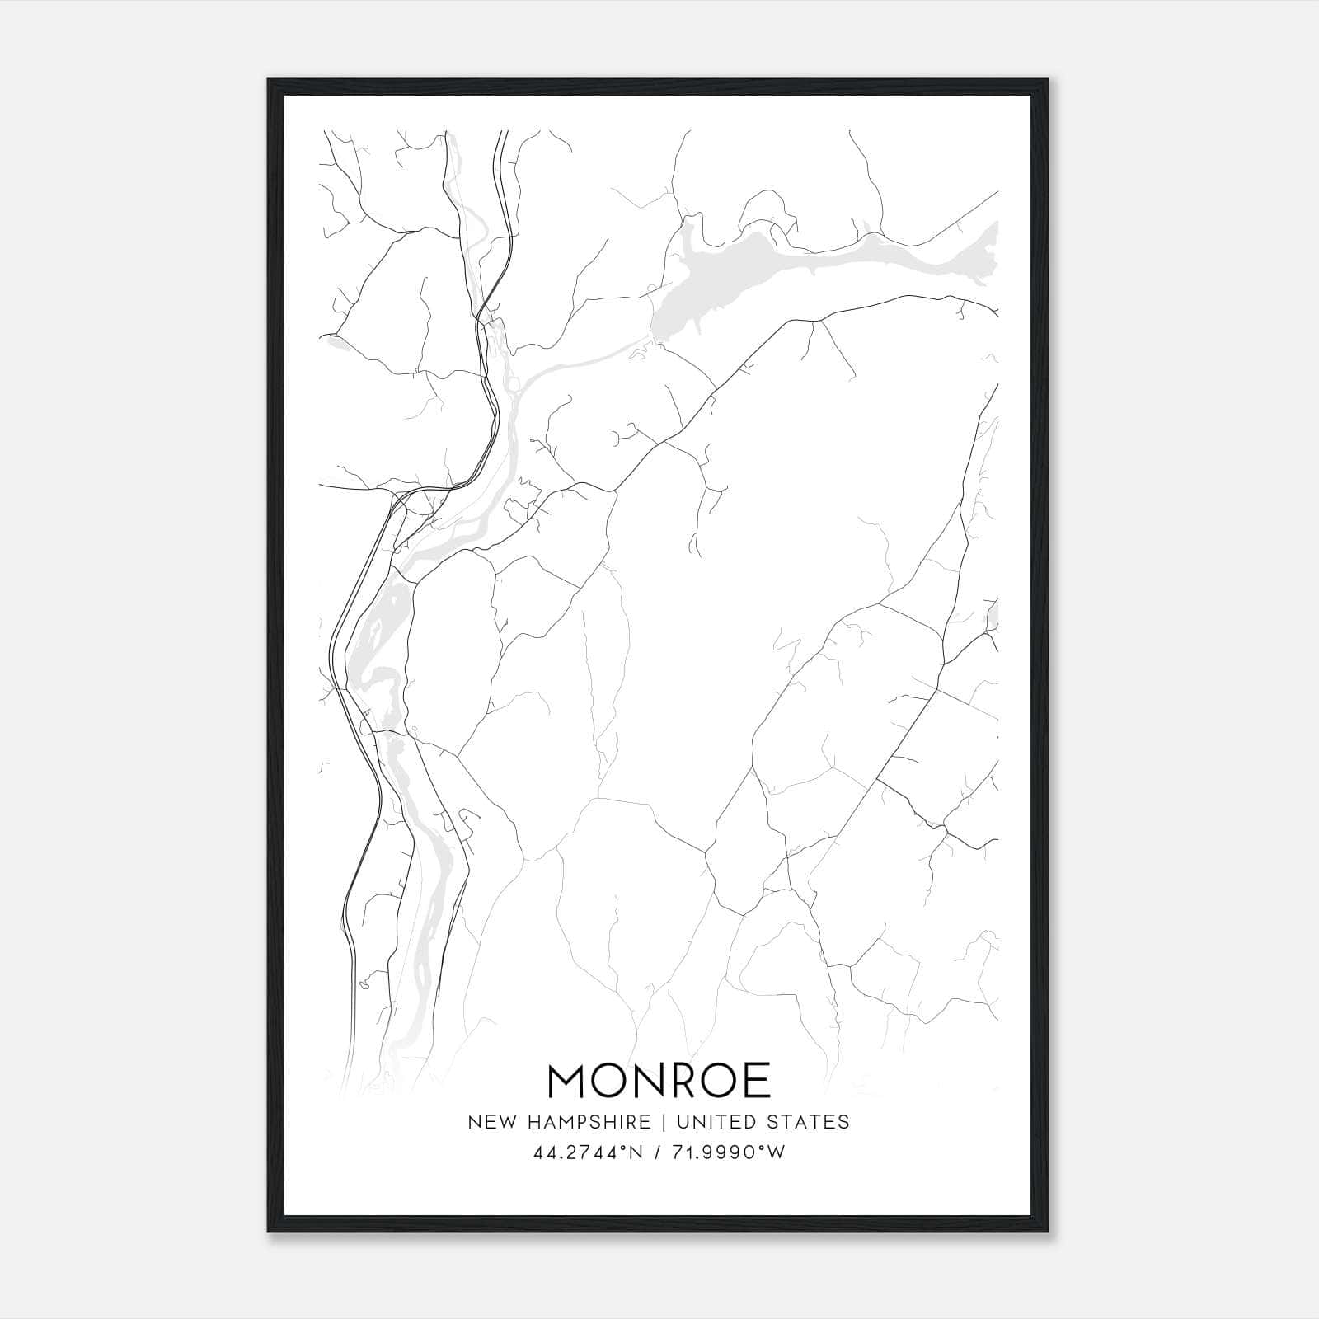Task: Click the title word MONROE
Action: pyautogui.click(x=659, y=1081)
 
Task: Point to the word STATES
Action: pyautogui.click(x=810, y=1122)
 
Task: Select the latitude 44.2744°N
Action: pyautogui.click(x=586, y=1152)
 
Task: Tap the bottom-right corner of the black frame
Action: pyautogui.click(x=1047, y=1231)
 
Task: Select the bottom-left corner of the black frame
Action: pyautogui.click(x=270, y=1231)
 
